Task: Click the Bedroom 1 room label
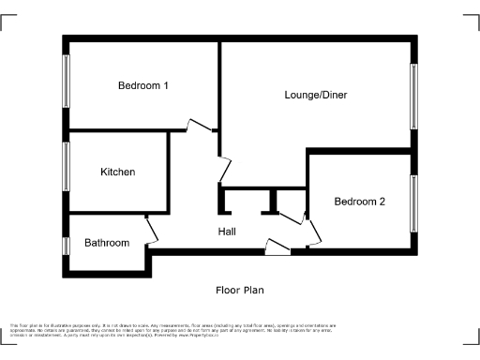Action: (142, 85)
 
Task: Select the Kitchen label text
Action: (118, 172)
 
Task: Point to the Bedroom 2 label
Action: (360, 202)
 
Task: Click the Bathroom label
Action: (107, 243)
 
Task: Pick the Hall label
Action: (227, 232)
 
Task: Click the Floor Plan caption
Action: (240, 291)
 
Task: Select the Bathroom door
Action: (151, 229)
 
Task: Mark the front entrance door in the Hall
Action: (277, 247)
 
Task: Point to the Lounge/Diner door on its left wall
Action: (223, 170)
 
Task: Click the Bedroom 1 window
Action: (66, 85)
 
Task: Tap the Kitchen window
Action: (66, 166)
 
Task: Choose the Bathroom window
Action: (66, 245)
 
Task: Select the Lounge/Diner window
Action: (412, 95)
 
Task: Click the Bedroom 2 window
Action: (412, 202)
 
